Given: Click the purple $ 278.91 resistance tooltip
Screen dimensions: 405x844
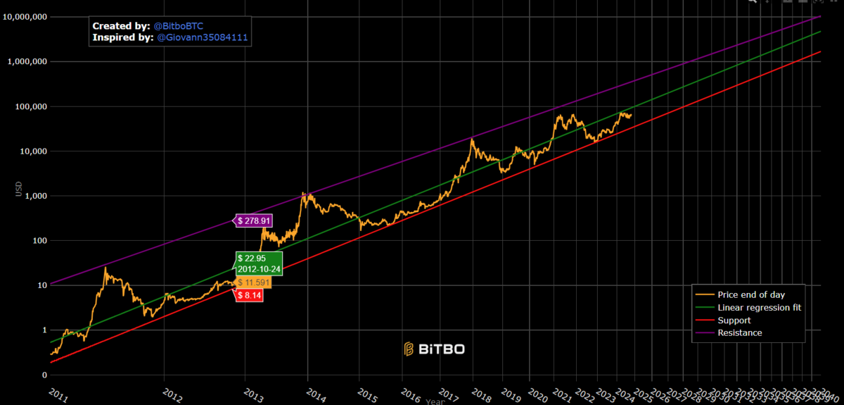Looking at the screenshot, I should [x=254, y=220].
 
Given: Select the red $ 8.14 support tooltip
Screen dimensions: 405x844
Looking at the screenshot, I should [x=250, y=296].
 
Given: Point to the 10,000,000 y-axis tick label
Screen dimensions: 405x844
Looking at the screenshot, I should [x=25, y=17].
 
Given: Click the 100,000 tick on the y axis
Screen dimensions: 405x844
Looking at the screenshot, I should [x=30, y=106].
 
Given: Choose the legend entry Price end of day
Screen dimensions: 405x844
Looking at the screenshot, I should [x=750, y=294].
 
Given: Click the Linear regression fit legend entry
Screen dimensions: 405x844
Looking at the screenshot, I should [x=759, y=308].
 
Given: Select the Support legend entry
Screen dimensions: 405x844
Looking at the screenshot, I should [x=734, y=320].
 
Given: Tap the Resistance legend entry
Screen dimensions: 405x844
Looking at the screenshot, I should [x=739, y=332].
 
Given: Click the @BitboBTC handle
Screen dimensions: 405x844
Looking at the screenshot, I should [x=179, y=25].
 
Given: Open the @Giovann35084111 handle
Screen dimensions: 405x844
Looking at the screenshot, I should [x=203, y=37].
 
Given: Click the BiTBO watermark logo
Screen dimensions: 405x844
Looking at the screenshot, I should [x=434, y=349].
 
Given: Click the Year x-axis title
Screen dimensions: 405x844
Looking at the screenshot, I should [x=435, y=401].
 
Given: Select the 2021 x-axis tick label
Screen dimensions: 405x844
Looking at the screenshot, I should [x=562, y=394].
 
